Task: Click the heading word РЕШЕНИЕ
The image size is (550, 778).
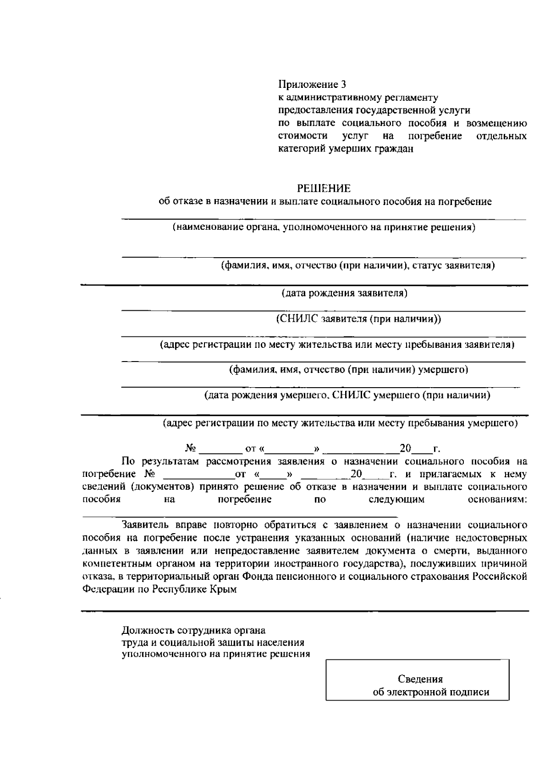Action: (x=324, y=189)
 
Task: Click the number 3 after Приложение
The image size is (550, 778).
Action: (x=344, y=85)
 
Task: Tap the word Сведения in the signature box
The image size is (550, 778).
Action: (x=420, y=679)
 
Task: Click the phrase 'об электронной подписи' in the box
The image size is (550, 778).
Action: (x=431, y=692)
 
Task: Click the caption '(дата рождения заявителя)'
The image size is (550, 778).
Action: (x=344, y=293)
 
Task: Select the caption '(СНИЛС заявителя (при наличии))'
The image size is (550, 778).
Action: (x=358, y=319)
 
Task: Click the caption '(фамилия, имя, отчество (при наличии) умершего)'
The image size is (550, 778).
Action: (x=349, y=369)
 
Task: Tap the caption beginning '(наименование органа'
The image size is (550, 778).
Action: (x=324, y=227)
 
